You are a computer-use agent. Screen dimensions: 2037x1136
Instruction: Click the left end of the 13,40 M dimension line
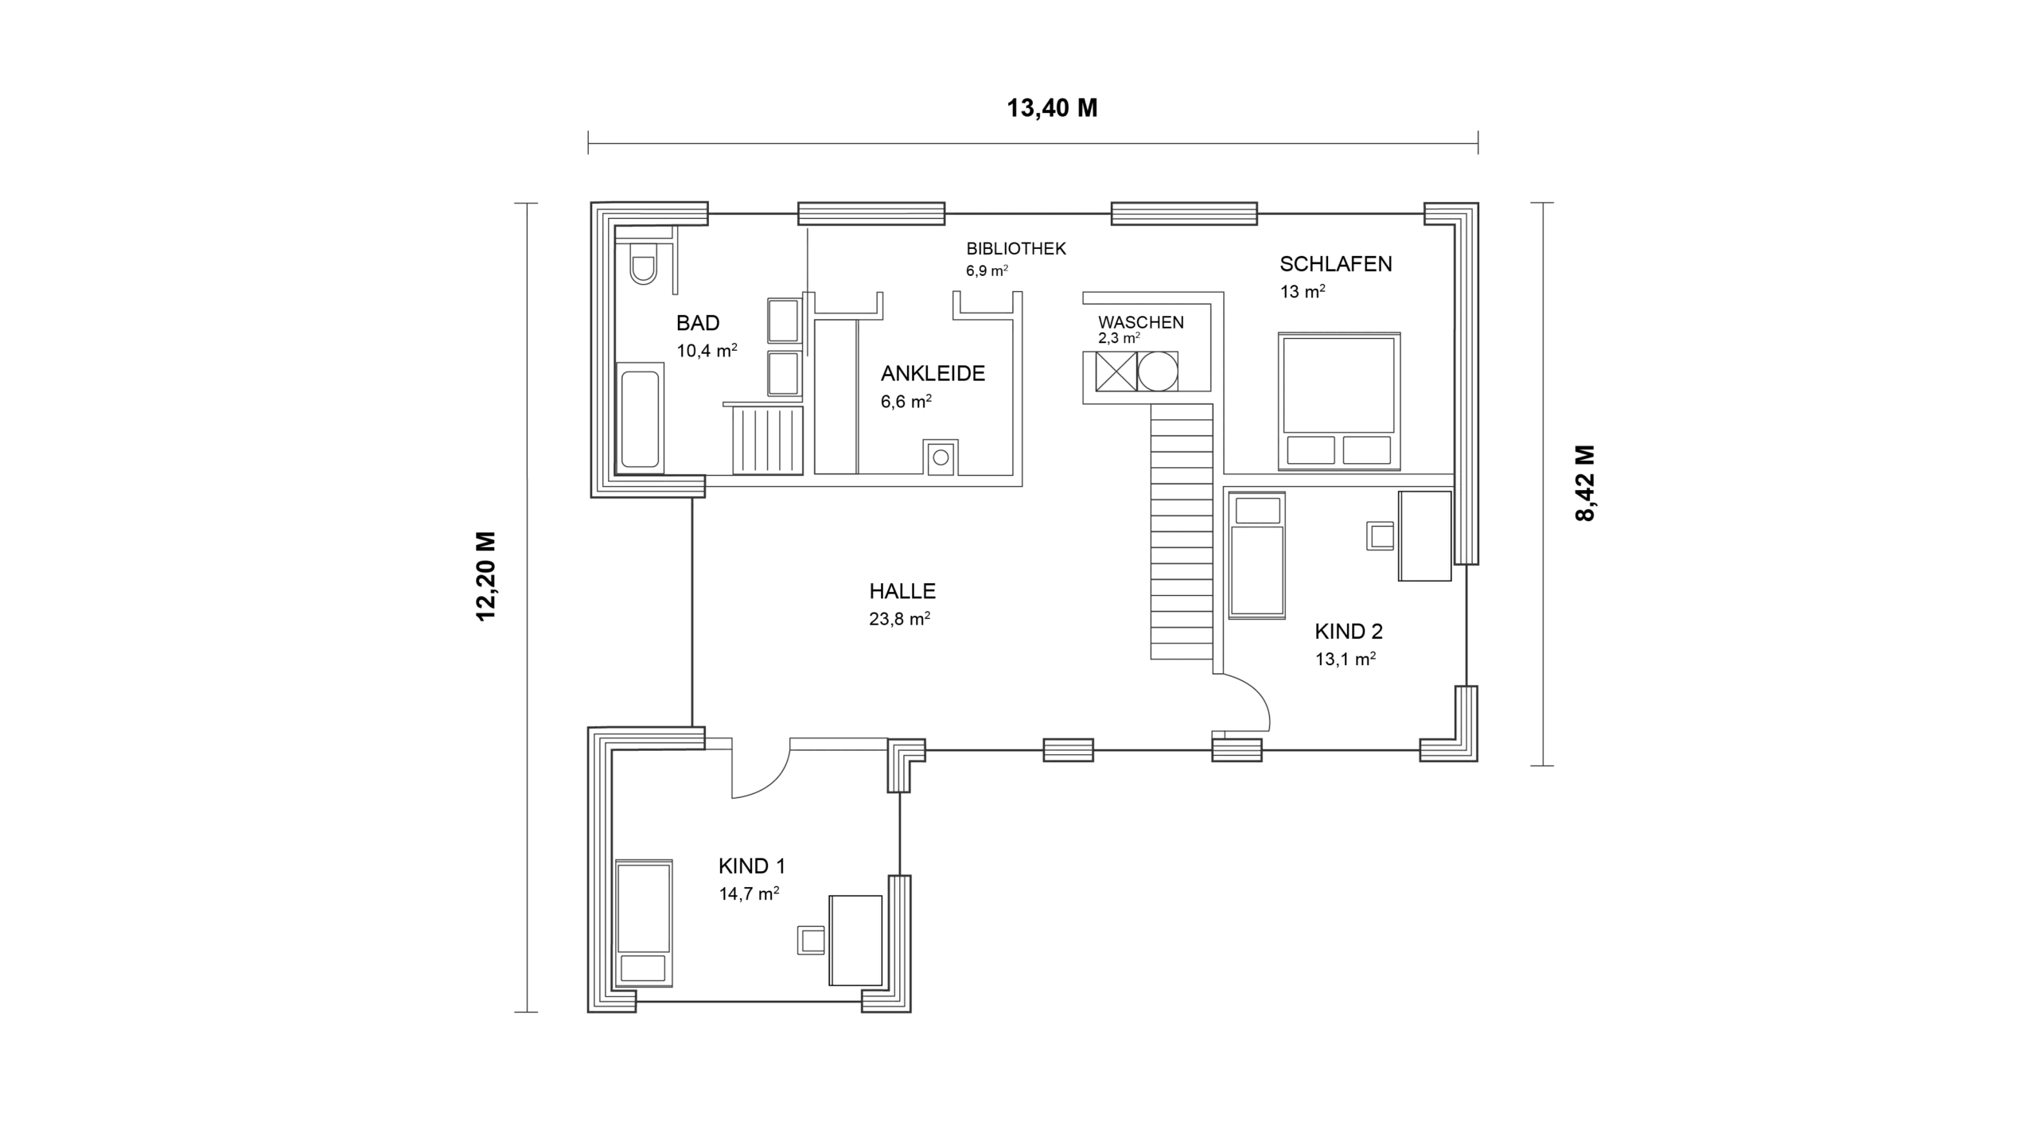[x=589, y=143]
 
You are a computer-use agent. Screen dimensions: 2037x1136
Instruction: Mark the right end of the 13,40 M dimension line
[x=1478, y=143]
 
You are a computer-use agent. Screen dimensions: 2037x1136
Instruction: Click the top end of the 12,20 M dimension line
[x=526, y=204]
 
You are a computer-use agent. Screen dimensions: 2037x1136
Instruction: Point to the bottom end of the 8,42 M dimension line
[x=1543, y=765]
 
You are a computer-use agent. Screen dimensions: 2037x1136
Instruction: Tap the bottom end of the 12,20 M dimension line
[x=526, y=1012]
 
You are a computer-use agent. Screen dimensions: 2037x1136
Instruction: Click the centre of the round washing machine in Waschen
[x=1158, y=372]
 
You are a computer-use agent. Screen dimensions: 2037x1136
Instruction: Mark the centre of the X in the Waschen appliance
[x=1116, y=372]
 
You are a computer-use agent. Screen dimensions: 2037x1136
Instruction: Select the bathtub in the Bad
[x=640, y=419]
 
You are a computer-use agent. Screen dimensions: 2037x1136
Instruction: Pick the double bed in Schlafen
[x=1339, y=401]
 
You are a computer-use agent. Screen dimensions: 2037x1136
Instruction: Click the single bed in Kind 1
[x=644, y=924]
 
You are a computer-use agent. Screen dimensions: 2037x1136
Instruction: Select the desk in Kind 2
[x=1426, y=535]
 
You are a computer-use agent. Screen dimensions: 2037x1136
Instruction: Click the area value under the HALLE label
[x=900, y=619]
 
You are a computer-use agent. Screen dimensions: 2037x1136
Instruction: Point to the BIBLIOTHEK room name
[x=1016, y=248]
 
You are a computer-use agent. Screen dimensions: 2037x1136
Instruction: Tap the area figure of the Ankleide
[x=906, y=402]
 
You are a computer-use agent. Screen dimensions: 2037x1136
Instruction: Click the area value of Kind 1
[x=749, y=893]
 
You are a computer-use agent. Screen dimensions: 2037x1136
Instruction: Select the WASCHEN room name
[x=1141, y=322]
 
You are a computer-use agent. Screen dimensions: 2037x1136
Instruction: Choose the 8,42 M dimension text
[x=1585, y=483]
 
